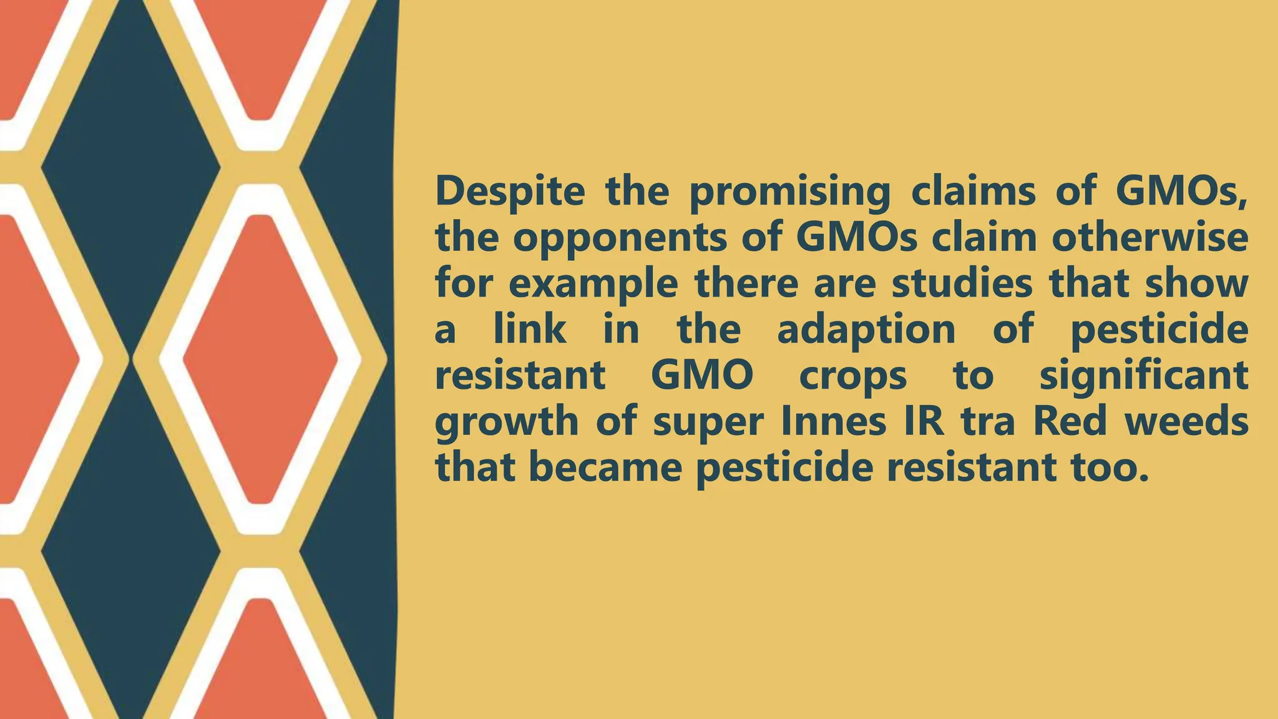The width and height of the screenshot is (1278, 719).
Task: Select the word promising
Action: (789, 192)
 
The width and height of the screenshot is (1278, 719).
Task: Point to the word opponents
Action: (619, 238)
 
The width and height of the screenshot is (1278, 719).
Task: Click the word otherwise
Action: (1149, 237)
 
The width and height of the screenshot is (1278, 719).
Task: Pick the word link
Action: (530, 330)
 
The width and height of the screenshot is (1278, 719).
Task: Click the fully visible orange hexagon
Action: (260, 359)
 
